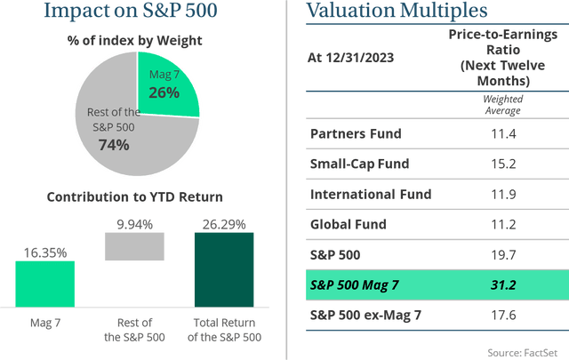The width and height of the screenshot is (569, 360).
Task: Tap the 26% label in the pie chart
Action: (x=164, y=92)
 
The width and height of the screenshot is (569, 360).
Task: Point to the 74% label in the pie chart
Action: (x=114, y=144)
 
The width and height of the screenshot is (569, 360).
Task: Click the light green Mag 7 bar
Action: (x=44, y=283)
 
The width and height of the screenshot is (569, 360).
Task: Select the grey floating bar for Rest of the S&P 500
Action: (x=134, y=246)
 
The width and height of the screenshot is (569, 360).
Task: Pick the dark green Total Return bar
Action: (x=223, y=269)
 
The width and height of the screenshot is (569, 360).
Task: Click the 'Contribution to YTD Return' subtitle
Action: (x=135, y=196)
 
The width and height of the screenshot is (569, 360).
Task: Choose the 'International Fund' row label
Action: (x=370, y=194)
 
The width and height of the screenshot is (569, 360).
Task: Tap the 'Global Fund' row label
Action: (x=348, y=224)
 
